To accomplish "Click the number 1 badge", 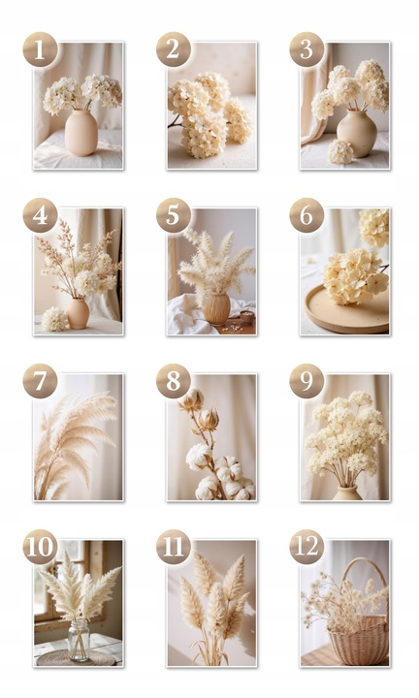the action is coord(40,49).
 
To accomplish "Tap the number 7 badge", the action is coord(40,381).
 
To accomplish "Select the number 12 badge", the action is coord(306,547).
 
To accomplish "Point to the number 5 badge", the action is coord(174,215).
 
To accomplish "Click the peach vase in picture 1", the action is coord(81,133).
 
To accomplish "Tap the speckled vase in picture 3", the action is coord(357,134).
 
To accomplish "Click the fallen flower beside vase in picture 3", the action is coord(340,152).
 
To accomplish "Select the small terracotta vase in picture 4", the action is coord(78,313).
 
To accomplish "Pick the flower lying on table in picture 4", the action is coord(54,319).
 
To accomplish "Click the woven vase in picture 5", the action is coord(217,308).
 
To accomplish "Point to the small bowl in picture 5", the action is coord(246,316).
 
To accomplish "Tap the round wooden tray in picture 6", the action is coord(347,311).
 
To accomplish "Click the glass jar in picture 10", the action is coord(79,640).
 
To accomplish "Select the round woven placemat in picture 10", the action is coord(76,658).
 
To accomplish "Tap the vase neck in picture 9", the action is coord(347,489).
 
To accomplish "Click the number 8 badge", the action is coord(174,381).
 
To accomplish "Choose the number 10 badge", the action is coord(40,547).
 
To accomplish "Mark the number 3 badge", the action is coord(306,49).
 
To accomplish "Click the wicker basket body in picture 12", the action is coord(359,641).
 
